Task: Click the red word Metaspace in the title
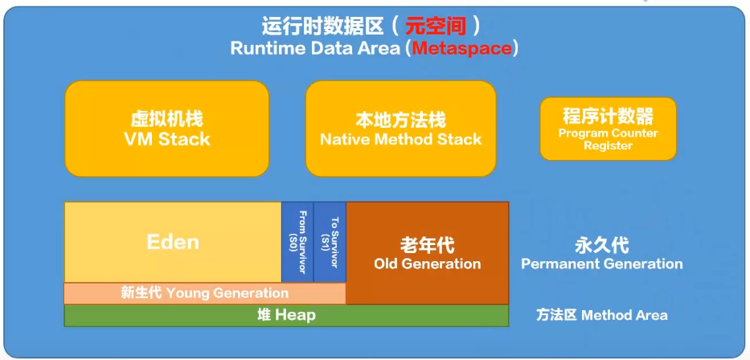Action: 461,48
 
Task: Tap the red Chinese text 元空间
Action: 436,26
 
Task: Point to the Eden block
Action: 173,242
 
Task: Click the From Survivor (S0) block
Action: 297,242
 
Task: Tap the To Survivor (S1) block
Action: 330,242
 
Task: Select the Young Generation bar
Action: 204,293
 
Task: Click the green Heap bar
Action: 286,315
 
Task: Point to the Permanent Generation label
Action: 602,264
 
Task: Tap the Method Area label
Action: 601,315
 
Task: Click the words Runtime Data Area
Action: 316,48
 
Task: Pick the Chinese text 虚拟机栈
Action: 166,119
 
